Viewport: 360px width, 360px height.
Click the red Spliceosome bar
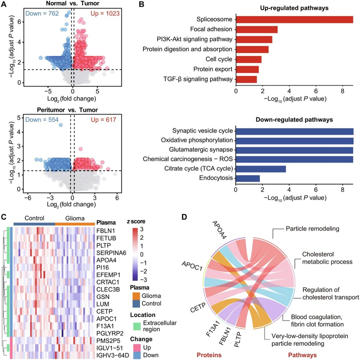294,20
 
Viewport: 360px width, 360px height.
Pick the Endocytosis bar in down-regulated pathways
248,179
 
